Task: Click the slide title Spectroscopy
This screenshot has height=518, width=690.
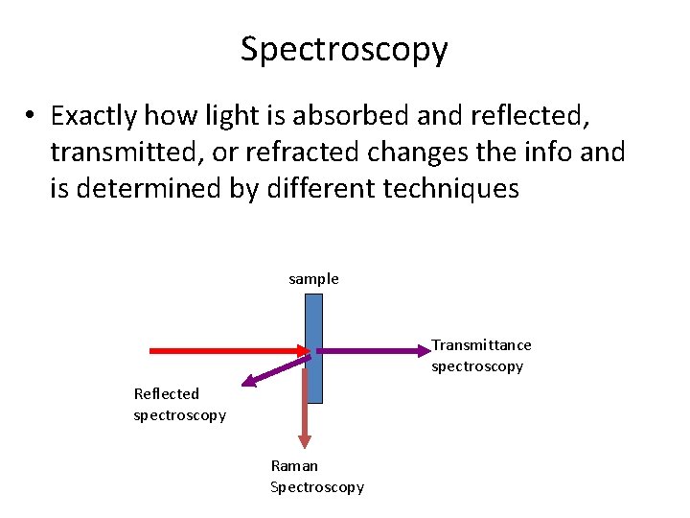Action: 344,49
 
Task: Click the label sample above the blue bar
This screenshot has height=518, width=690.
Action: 313,279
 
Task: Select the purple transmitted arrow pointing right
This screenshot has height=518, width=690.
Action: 374,351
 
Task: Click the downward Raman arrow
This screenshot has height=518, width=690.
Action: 306,408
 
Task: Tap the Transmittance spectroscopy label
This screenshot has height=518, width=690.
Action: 481,355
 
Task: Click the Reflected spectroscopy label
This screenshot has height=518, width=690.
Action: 179,404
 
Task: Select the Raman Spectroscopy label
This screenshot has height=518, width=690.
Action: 317,476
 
